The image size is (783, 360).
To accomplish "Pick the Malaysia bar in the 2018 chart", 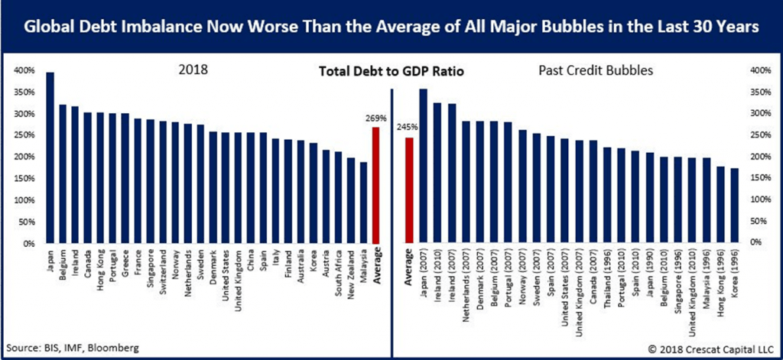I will [x=363, y=203].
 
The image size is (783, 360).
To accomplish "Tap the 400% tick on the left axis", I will [x=23, y=71].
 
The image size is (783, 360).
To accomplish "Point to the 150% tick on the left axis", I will [x=23, y=179].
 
